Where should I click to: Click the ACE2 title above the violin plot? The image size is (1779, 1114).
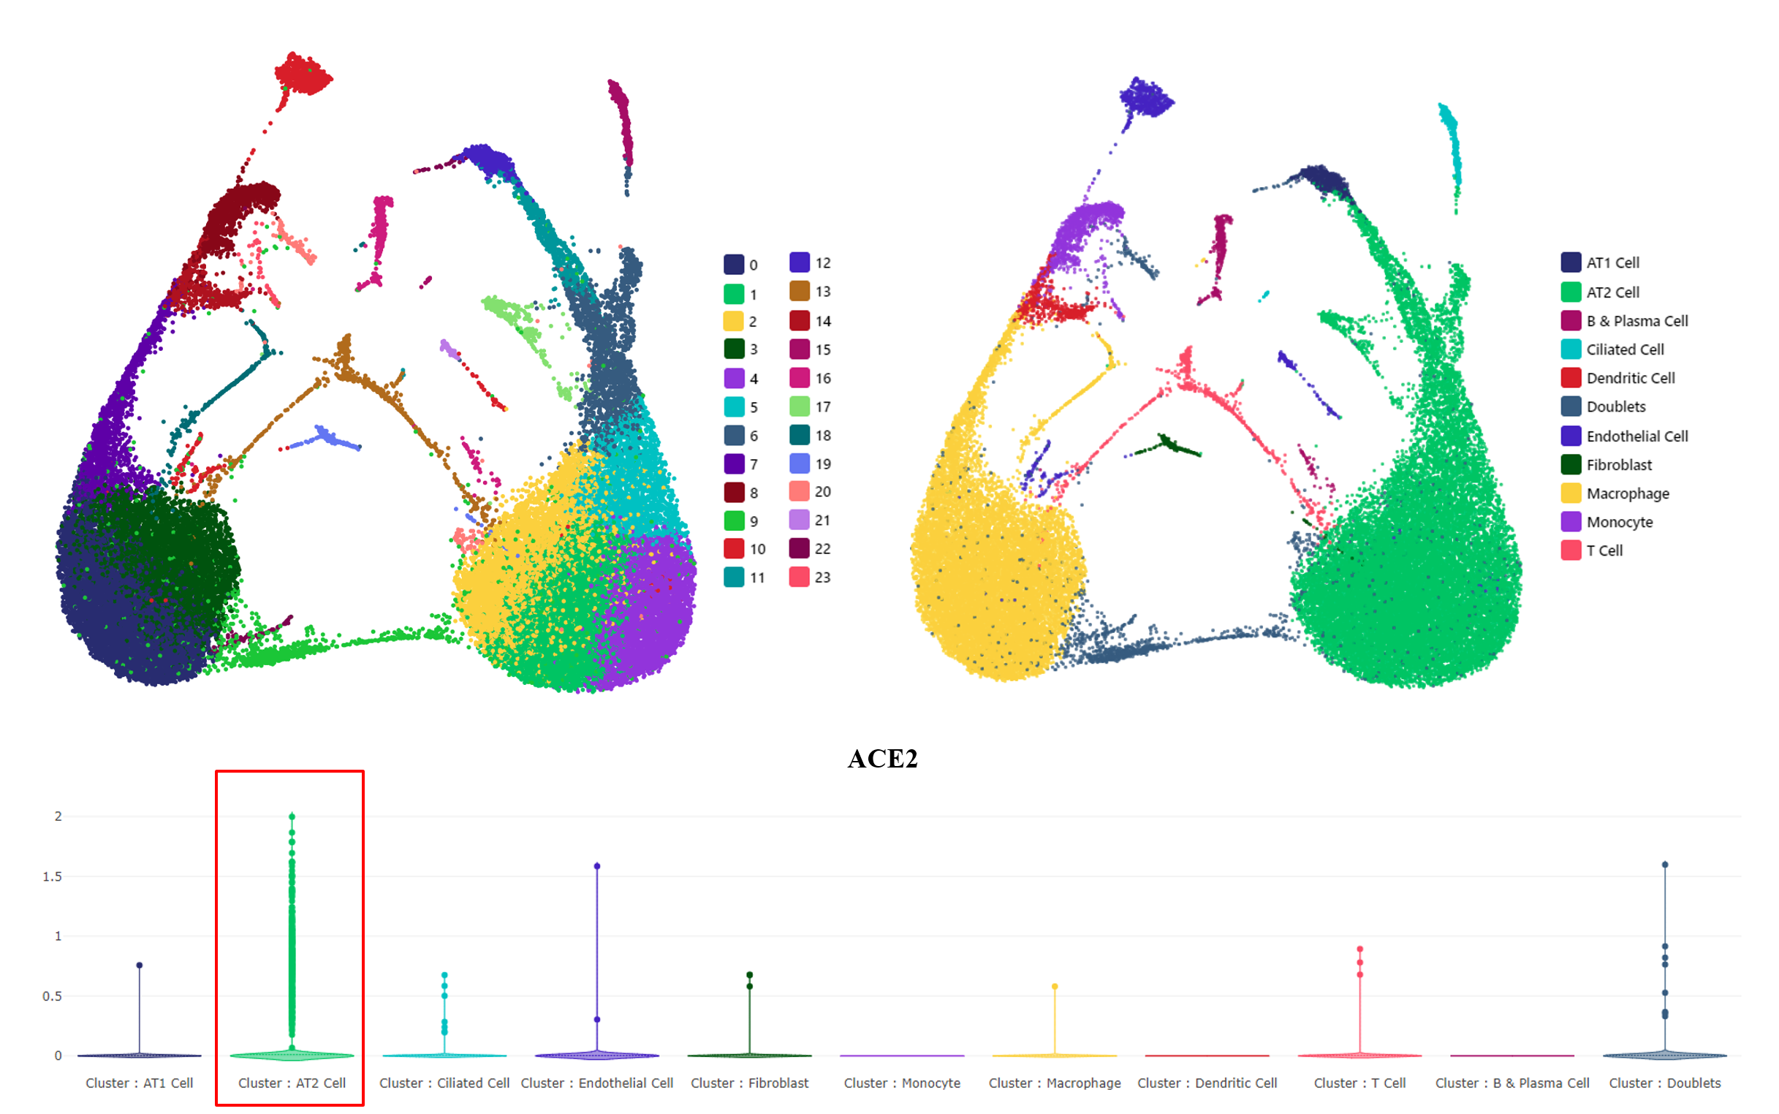881,759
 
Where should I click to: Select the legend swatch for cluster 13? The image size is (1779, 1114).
800,291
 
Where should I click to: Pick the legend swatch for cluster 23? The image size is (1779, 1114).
800,577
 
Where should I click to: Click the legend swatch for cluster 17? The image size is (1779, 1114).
800,406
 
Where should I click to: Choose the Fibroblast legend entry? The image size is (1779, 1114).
1618,465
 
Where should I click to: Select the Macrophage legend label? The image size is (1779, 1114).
1627,493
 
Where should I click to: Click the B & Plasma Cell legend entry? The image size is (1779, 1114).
1636,321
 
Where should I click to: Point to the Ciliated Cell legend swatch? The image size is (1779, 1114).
1571,349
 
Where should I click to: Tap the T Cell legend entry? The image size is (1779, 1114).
1604,550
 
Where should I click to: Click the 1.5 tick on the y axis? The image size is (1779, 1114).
53,876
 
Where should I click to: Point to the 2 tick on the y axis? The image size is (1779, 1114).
58,816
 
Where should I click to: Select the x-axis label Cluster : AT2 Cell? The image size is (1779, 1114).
292,1083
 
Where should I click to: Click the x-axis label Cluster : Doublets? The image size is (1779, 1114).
1664,1083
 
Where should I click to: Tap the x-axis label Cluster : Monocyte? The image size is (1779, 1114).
902,1083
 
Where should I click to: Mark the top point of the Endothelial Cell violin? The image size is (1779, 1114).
596,865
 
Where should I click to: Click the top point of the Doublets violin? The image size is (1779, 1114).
1665,865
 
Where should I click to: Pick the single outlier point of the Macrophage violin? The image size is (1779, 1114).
1055,987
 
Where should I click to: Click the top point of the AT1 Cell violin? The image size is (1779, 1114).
139,965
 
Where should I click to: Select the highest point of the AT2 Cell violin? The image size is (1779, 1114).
292,816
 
